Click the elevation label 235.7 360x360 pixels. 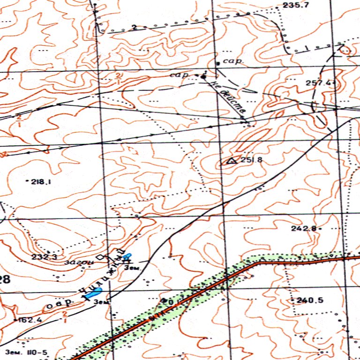tap(296, 5)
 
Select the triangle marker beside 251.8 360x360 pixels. tap(231, 161)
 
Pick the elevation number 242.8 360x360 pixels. tap(303, 228)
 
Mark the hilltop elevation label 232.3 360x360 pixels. tap(45, 257)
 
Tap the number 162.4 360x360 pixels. tap(29, 320)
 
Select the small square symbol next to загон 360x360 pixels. tap(99, 258)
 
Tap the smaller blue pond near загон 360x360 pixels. tap(127, 257)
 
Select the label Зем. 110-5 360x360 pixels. tap(26, 351)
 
